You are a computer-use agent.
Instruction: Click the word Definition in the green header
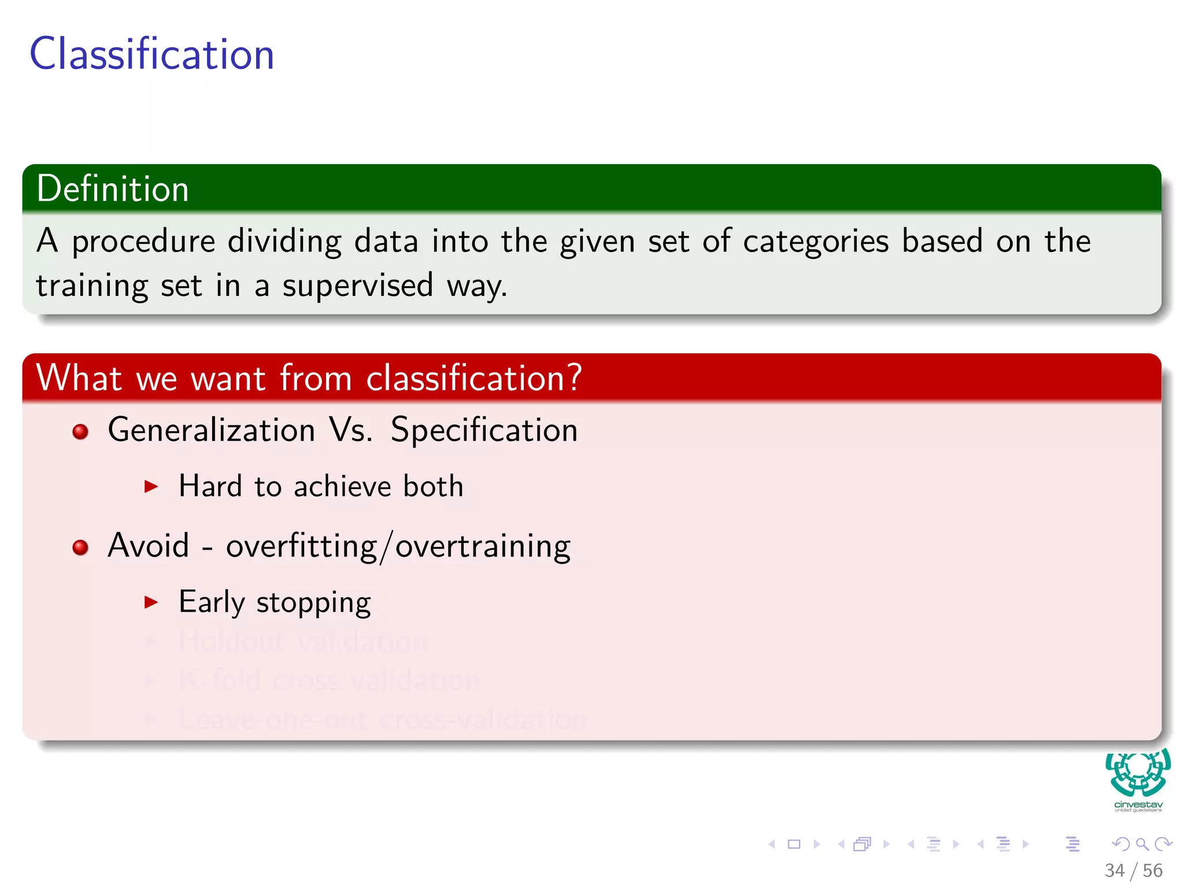tap(113, 188)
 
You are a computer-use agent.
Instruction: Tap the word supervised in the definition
tap(357, 286)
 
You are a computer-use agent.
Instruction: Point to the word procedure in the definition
tap(143, 242)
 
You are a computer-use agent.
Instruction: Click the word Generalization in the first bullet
tap(211, 430)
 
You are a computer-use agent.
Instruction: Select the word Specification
tap(484, 430)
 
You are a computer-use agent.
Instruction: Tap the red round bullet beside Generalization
tap(80, 431)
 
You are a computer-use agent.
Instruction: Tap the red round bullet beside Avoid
tap(80, 547)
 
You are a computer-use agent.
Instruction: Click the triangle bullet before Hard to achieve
tap(151, 486)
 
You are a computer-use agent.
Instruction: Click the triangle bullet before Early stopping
tap(151, 602)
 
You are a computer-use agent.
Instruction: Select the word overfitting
tap(301, 546)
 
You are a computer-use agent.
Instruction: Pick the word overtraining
tap(483, 546)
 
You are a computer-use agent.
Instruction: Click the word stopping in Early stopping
tap(313, 603)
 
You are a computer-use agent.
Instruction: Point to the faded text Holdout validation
tap(302, 641)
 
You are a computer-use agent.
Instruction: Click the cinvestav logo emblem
tap(1138, 773)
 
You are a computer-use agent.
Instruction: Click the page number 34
tap(1114, 870)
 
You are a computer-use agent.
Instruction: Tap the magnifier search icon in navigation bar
tap(1142, 844)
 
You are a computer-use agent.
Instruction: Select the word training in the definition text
tap(91, 286)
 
